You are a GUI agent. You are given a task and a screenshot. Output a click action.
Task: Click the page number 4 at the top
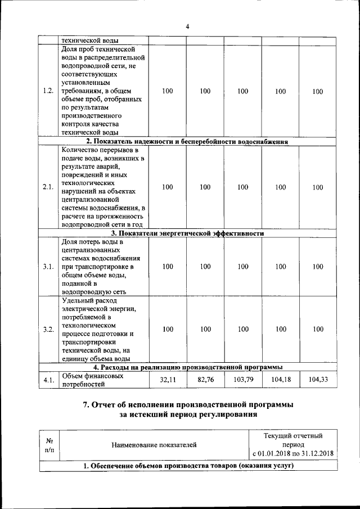point(187,26)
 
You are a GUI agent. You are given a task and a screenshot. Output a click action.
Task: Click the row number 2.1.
point(48,187)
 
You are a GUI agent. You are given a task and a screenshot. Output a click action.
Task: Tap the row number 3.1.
point(48,267)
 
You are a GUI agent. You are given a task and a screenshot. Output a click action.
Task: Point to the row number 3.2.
point(48,329)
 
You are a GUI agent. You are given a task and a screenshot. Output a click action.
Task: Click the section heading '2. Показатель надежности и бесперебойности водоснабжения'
point(187,142)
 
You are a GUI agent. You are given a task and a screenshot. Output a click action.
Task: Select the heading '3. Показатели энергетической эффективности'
point(187,233)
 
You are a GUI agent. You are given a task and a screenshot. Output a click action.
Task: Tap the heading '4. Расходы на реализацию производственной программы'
point(187,367)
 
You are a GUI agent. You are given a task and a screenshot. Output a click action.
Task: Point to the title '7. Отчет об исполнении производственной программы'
point(187,405)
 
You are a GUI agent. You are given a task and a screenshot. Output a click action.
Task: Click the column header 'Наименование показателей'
point(154,445)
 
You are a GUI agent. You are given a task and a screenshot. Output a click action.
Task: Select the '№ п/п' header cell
point(49,445)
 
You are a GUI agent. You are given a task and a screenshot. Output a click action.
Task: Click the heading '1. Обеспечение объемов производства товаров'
point(187,466)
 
